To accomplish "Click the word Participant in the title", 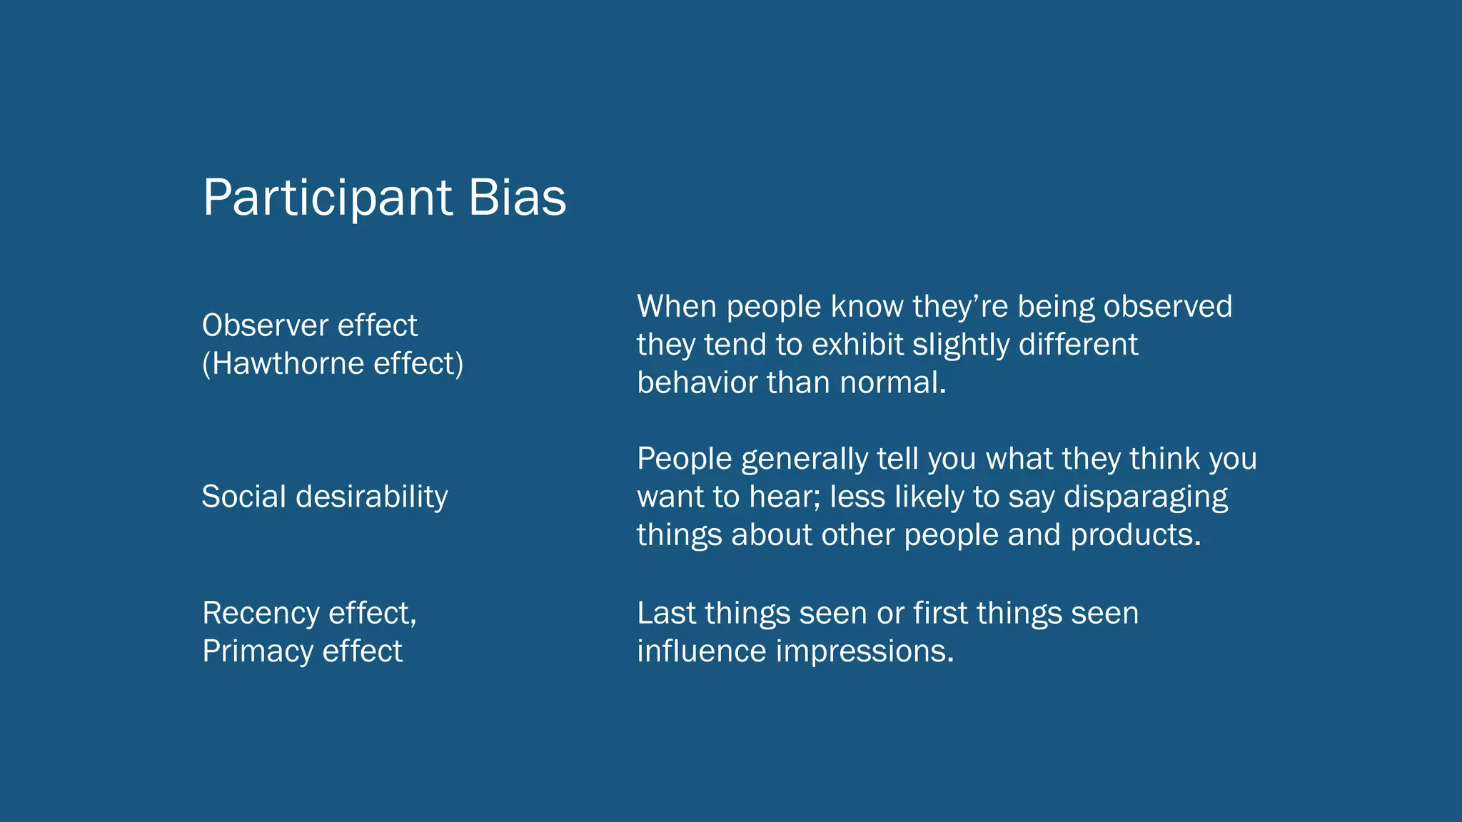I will [328, 198].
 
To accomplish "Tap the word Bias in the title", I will [518, 198].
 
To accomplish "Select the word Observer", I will [265, 325].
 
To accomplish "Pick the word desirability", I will [372, 497].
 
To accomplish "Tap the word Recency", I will [261, 613].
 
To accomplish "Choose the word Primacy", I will [258, 651].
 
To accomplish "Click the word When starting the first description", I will [676, 306].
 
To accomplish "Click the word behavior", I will [697, 382].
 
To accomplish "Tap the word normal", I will [892, 382].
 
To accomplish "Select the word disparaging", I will [1146, 497].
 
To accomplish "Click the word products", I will [1136, 535].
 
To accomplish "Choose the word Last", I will [666, 613].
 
